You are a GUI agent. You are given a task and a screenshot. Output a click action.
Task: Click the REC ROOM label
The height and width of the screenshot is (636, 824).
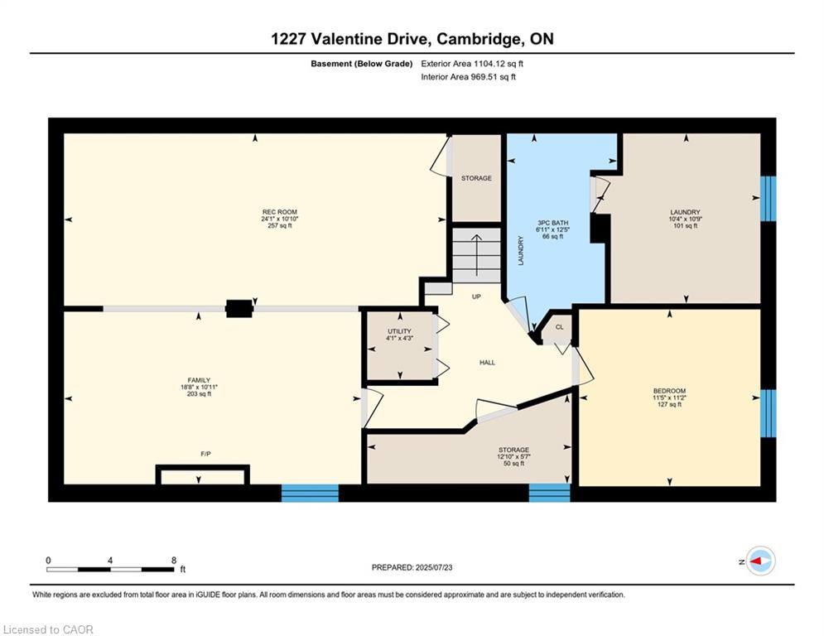point(280,212)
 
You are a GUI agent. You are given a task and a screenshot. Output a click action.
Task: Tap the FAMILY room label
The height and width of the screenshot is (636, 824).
point(200,380)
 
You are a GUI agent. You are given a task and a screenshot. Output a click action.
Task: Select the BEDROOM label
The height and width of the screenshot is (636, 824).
point(669,391)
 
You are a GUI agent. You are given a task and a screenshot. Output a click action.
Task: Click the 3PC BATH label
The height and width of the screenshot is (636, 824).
point(553,223)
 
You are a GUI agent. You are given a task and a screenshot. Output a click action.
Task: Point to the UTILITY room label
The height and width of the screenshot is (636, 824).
point(399,331)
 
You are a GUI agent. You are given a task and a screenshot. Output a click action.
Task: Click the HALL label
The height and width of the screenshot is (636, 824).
point(487,362)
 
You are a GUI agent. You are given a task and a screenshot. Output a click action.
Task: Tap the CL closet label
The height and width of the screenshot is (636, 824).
point(560,327)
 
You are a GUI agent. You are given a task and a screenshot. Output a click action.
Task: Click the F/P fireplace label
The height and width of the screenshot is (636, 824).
point(206,454)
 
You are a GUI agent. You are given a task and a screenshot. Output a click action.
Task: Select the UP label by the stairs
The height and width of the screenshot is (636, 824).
point(476,296)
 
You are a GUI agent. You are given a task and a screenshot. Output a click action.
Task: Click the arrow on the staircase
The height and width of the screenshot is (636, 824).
point(477,255)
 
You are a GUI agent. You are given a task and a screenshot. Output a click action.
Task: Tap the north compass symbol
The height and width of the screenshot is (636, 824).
point(761,561)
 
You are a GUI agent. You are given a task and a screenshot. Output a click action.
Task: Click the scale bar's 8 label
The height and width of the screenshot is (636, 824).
point(174,561)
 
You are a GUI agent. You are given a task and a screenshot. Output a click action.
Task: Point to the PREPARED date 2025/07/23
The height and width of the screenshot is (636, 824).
point(434,567)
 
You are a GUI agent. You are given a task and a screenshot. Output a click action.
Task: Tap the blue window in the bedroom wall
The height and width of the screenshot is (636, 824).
point(769,413)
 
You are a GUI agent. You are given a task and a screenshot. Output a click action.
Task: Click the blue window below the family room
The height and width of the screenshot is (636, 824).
point(310,493)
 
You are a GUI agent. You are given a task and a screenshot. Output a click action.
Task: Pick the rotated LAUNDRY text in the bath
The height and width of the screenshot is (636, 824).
point(521,251)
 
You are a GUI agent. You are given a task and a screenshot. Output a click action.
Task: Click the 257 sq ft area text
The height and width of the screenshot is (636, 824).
point(280,225)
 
